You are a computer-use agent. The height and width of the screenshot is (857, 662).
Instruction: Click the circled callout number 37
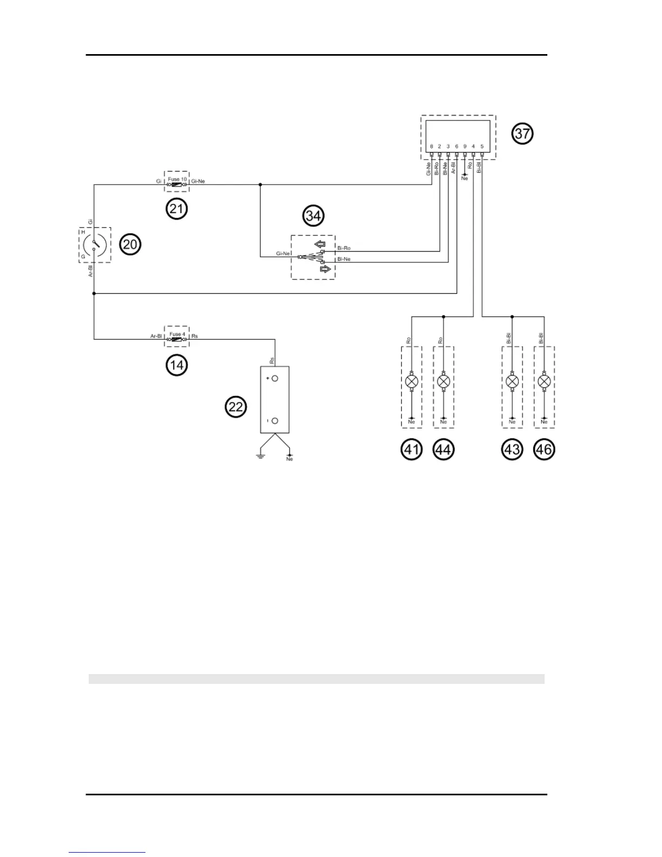point(522,133)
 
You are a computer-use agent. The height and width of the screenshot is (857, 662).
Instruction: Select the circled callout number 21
point(176,208)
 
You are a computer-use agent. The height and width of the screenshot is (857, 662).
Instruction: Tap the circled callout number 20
point(130,245)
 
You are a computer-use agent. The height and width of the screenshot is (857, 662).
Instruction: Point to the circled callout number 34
point(313,216)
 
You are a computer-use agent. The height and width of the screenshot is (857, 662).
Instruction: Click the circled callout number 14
point(176,365)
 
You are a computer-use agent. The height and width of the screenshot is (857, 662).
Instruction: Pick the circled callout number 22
point(236,406)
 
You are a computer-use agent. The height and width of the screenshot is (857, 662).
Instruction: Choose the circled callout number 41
point(412,450)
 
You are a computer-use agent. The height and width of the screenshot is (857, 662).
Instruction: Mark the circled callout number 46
point(544,450)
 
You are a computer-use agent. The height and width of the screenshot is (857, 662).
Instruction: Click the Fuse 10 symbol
point(177,185)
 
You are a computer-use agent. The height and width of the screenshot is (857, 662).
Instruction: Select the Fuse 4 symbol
point(177,340)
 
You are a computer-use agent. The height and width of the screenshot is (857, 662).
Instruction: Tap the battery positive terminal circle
point(275,379)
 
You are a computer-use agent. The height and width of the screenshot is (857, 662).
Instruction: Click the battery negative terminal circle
point(275,421)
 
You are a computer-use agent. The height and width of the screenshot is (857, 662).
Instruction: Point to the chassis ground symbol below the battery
point(260,456)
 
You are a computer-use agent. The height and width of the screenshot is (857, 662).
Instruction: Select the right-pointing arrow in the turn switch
point(325,269)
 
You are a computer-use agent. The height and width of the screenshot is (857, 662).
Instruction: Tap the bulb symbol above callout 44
point(443,382)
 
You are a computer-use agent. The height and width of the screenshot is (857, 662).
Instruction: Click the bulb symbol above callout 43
point(512,382)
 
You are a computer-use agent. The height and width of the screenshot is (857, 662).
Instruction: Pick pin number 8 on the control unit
point(431,147)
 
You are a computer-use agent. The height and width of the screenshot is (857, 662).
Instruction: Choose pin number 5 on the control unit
point(482,147)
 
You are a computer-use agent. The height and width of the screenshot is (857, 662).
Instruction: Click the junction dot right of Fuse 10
point(260,185)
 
